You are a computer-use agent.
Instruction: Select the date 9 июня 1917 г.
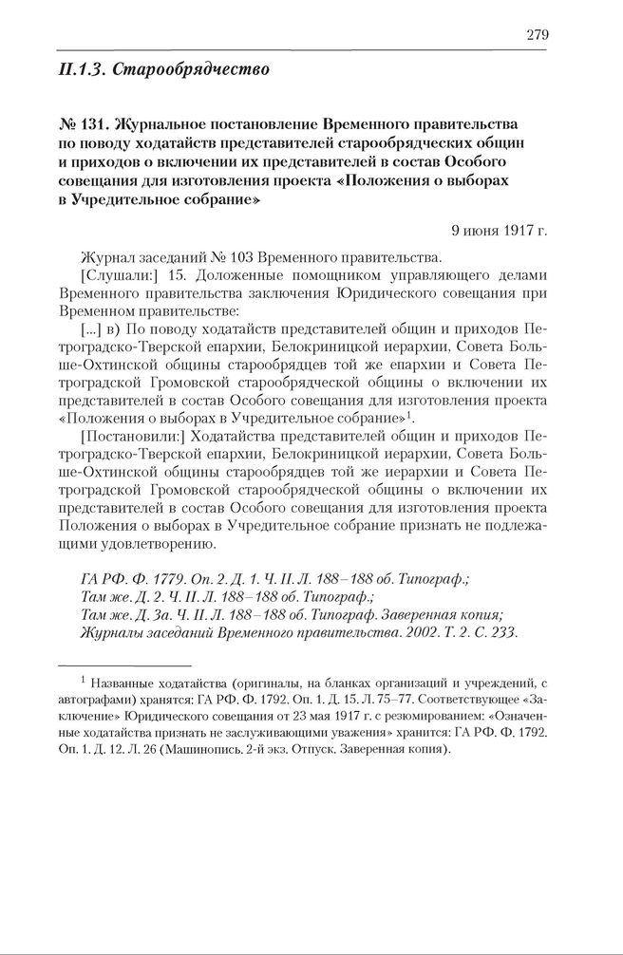click(x=500, y=229)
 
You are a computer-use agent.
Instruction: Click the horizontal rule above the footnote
click(x=123, y=665)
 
